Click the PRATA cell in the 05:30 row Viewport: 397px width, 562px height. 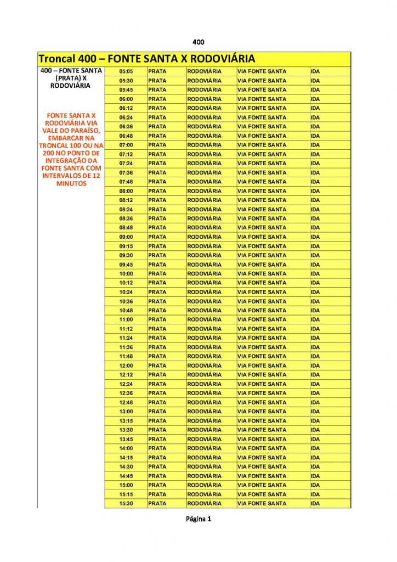157,81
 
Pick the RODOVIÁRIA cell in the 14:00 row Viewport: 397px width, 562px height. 204,448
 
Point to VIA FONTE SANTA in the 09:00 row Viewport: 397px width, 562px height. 262,237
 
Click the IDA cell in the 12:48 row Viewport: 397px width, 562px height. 316,402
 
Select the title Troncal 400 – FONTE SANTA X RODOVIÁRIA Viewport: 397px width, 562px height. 147,59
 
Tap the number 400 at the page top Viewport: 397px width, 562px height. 198,42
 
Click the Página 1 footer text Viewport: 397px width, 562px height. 198,519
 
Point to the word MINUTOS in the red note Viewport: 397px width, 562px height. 71,184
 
